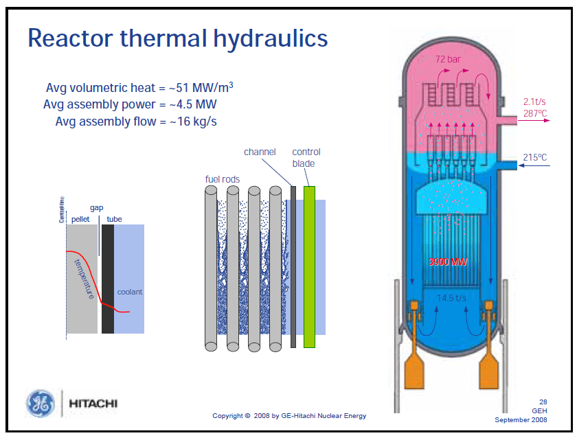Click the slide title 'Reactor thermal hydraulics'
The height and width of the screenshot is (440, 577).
[177, 38]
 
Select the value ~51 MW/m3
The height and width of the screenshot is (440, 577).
[206, 88]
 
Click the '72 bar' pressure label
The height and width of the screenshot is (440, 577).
[448, 60]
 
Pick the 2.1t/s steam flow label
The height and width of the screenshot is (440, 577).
[535, 102]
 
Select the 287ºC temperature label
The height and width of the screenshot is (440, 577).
[535, 113]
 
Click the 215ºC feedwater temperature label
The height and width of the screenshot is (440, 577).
[535, 157]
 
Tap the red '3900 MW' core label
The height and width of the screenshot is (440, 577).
[448, 262]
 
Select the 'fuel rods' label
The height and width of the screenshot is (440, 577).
[223, 180]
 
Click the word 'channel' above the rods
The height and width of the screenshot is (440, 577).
[260, 152]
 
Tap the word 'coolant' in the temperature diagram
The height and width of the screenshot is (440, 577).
[130, 292]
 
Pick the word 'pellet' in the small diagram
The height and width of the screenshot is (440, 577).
[81, 219]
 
